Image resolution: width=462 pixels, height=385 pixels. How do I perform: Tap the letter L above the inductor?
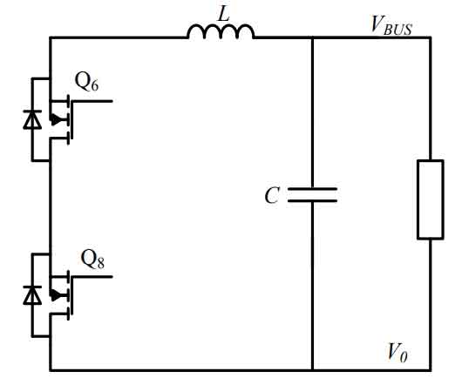[x=224, y=13]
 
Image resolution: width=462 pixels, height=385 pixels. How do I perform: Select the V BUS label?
[x=391, y=25]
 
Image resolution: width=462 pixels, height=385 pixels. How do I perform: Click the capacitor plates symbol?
[x=312, y=195]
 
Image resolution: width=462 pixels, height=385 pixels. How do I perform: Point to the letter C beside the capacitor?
[x=272, y=195]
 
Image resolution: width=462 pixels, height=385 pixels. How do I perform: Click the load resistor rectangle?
[x=431, y=199]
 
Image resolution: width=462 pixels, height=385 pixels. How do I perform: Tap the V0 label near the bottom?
[x=397, y=352]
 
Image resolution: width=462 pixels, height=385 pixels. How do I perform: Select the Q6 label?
[x=86, y=82]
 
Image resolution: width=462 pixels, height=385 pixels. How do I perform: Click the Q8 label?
[x=92, y=259]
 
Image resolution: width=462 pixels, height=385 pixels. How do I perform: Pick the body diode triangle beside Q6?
[x=32, y=119]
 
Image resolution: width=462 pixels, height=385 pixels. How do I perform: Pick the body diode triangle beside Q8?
[x=32, y=295]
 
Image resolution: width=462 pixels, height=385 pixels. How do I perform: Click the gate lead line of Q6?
[x=92, y=101]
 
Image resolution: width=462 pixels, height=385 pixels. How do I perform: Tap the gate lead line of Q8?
[x=92, y=277]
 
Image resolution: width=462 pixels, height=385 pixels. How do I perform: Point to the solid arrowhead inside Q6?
[x=56, y=119]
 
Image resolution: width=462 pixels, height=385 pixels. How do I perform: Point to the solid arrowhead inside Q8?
[x=56, y=295]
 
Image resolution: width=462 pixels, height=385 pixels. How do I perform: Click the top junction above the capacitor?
[x=313, y=37]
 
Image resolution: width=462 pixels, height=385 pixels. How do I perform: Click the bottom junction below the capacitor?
[x=313, y=369]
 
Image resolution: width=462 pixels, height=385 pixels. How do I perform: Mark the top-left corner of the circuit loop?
[x=50, y=37]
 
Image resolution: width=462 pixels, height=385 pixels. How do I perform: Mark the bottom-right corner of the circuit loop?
[x=431, y=369]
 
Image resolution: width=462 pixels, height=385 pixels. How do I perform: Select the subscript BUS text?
[x=397, y=30]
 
